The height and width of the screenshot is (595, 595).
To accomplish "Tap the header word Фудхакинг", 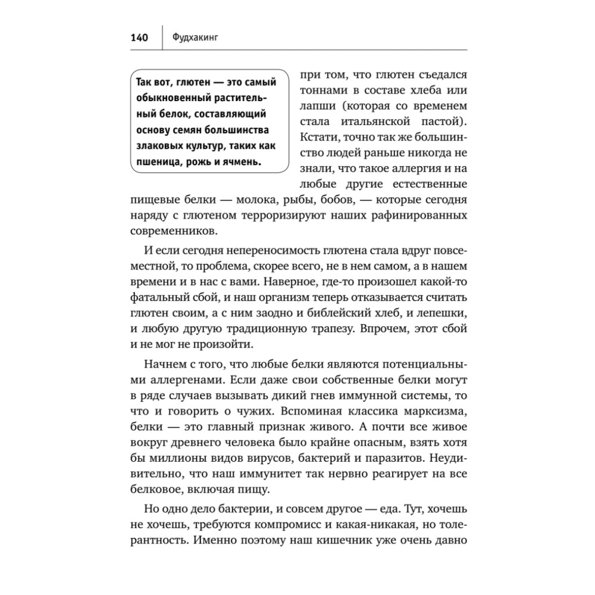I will [x=194, y=39].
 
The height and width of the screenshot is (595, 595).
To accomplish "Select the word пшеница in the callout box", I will [x=155, y=162].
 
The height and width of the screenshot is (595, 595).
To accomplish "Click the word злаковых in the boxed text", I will [x=156, y=146].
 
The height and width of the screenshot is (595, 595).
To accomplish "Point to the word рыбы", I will [x=290, y=199].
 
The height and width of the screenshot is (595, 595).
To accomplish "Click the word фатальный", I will [x=155, y=297].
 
